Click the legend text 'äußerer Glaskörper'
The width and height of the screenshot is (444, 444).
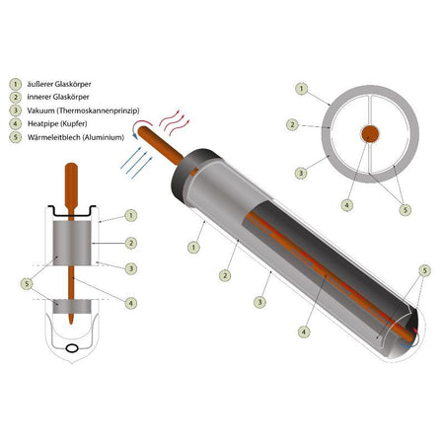coord(59,84)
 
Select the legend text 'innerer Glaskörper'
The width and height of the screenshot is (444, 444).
coord(58,97)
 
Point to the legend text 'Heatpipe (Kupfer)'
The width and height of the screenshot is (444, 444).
coord(57,124)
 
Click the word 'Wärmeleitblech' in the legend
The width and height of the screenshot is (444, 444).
coord(53,137)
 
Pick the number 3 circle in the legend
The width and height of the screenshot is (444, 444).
coord(16,111)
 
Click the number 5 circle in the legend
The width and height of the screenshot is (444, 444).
coord(16,137)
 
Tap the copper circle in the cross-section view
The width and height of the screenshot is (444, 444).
coord(370,134)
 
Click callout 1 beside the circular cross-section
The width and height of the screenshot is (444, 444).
coord(301,89)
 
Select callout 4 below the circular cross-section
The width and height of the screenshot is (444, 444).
coord(346,205)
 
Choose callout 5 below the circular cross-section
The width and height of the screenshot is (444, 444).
coord(405,210)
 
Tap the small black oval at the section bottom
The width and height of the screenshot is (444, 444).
coord(72,348)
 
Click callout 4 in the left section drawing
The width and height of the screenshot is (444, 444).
coord(130,303)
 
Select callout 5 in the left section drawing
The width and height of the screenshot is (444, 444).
coord(27,284)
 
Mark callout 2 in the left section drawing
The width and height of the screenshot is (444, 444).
coord(130,243)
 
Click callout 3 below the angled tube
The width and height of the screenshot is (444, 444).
coord(259,302)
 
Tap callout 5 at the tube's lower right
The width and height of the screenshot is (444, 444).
coord(424,270)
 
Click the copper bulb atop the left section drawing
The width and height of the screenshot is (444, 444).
coord(71,185)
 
